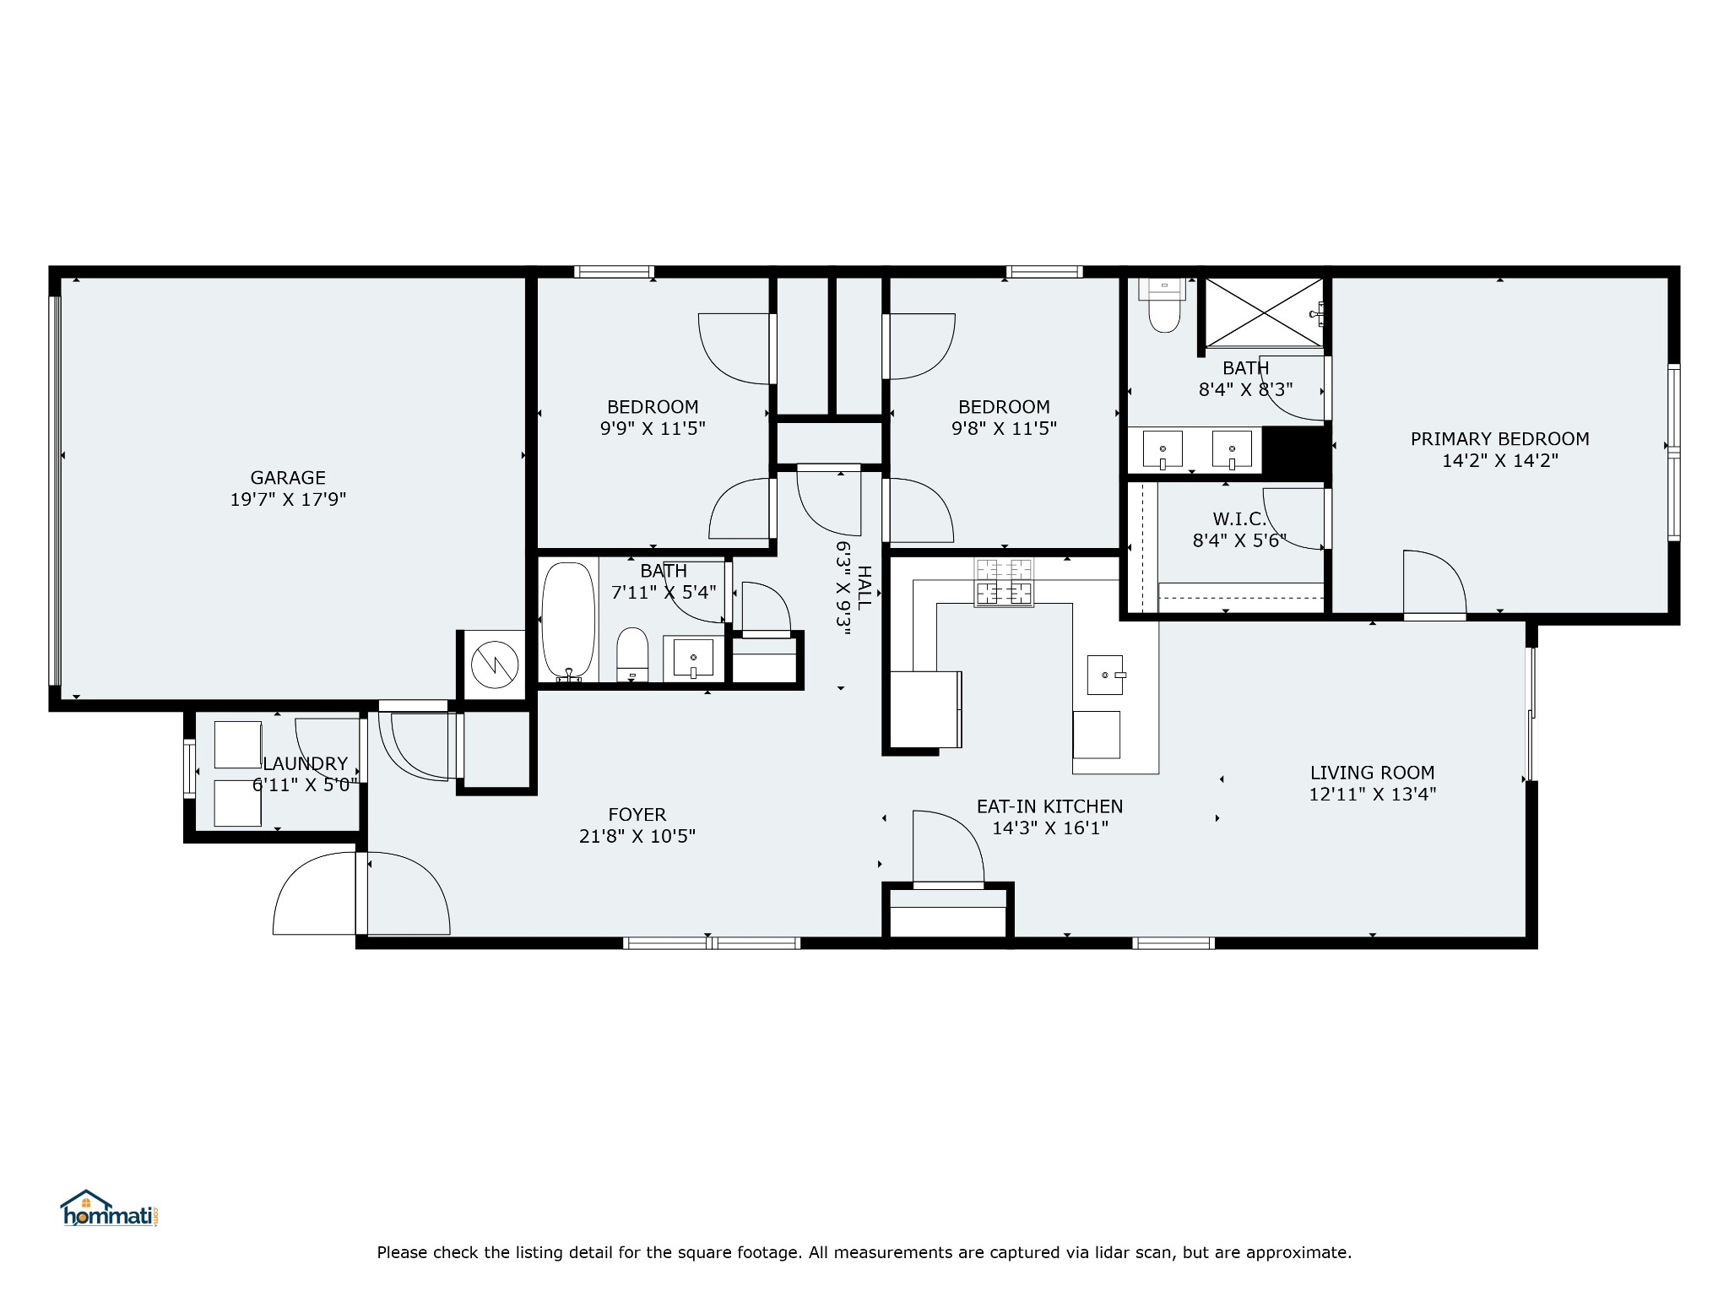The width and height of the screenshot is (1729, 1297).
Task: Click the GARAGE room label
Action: [288, 478]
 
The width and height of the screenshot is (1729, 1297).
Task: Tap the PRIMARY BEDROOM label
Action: [1499, 439]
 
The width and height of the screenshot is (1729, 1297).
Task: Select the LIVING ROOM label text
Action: [1372, 773]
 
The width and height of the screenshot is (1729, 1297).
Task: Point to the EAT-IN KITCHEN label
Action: [1049, 806]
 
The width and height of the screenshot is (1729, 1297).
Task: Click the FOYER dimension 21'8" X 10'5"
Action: [637, 837]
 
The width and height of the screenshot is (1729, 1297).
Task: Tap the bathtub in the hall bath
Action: [568, 621]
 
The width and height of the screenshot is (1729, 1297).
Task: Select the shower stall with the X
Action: [1264, 312]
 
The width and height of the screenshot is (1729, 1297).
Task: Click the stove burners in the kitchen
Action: [1004, 583]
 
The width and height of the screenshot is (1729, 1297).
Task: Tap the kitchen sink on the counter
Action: [1105, 675]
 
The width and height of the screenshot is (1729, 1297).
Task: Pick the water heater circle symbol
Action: [493, 665]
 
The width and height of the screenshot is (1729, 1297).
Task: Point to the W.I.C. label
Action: [1239, 519]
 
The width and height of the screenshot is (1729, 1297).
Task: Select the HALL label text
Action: [864, 588]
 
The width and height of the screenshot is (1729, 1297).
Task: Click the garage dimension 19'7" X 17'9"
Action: [288, 500]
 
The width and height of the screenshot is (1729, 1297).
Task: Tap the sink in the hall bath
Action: [694, 658]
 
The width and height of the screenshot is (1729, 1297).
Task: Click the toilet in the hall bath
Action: [632, 654]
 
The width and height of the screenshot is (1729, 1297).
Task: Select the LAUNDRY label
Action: [305, 764]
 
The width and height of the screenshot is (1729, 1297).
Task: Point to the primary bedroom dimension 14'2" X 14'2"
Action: [1499, 461]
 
